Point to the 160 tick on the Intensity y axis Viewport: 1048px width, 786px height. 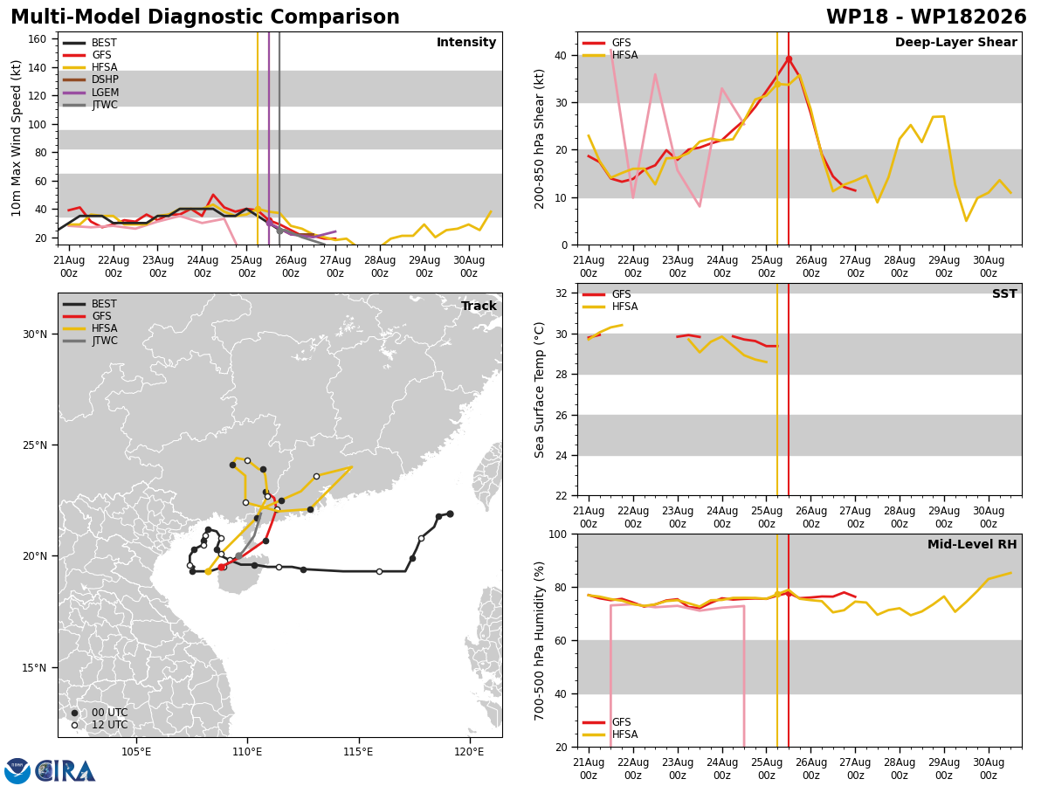tap(37, 39)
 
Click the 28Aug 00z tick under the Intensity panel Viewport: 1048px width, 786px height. tap(380, 266)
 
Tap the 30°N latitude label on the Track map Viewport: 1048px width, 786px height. tap(35, 334)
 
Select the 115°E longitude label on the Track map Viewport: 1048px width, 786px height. tap(359, 752)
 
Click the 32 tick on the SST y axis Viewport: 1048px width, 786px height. tap(562, 293)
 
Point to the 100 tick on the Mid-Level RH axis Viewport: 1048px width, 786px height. tap(559, 534)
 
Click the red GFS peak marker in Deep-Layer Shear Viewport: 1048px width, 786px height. tap(789, 59)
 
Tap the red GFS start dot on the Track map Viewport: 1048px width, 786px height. tap(222, 567)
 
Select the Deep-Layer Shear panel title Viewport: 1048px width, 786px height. tap(955, 42)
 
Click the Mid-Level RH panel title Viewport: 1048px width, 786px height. tap(972, 544)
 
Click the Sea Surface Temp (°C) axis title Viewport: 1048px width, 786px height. tap(539, 390)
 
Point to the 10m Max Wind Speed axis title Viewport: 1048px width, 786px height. tap(16, 138)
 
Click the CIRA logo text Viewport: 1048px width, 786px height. tap(65, 771)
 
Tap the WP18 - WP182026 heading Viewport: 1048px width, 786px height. tap(927, 17)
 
